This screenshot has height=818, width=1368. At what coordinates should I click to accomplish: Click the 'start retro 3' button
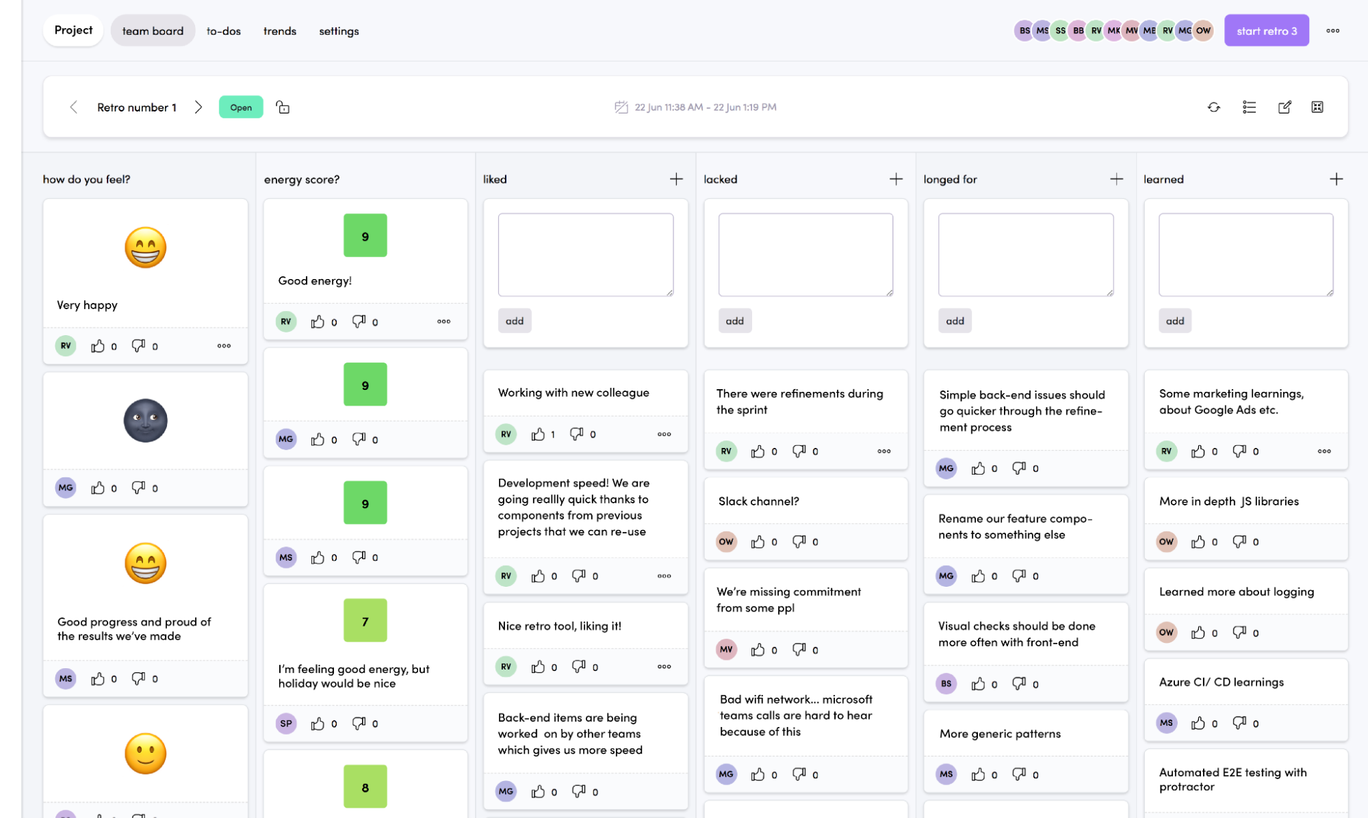(x=1266, y=31)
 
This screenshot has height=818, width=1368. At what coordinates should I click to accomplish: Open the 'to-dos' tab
(x=224, y=31)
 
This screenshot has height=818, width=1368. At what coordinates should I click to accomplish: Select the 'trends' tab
(x=279, y=31)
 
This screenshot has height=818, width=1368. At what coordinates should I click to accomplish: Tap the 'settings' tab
(x=339, y=31)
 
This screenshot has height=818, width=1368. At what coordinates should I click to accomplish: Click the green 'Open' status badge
(x=241, y=107)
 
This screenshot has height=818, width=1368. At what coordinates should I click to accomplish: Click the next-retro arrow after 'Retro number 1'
(x=198, y=107)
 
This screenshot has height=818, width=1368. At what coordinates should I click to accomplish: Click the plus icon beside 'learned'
(x=1336, y=179)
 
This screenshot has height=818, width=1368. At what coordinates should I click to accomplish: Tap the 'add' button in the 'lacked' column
(x=734, y=321)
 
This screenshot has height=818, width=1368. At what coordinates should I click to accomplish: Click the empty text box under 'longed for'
(x=1025, y=254)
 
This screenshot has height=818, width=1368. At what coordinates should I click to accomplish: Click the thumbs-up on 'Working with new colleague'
(x=539, y=434)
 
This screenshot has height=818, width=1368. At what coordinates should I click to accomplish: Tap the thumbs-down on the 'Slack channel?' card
(x=799, y=541)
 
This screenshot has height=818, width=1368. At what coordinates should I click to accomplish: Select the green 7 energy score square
(x=365, y=620)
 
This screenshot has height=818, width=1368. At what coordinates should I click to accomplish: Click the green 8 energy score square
(x=365, y=787)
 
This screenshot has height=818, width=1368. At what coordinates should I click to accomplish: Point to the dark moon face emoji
(x=145, y=421)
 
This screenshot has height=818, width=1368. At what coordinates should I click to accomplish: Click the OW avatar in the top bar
(x=1203, y=31)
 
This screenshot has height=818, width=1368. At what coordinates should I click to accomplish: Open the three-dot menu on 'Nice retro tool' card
(x=664, y=667)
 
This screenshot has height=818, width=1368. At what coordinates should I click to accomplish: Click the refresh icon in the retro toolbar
(x=1213, y=107)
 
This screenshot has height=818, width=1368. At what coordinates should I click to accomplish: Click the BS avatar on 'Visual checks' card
(x=946, y=683)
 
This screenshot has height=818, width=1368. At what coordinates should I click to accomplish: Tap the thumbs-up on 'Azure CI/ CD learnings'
(x=1198, y=723)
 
